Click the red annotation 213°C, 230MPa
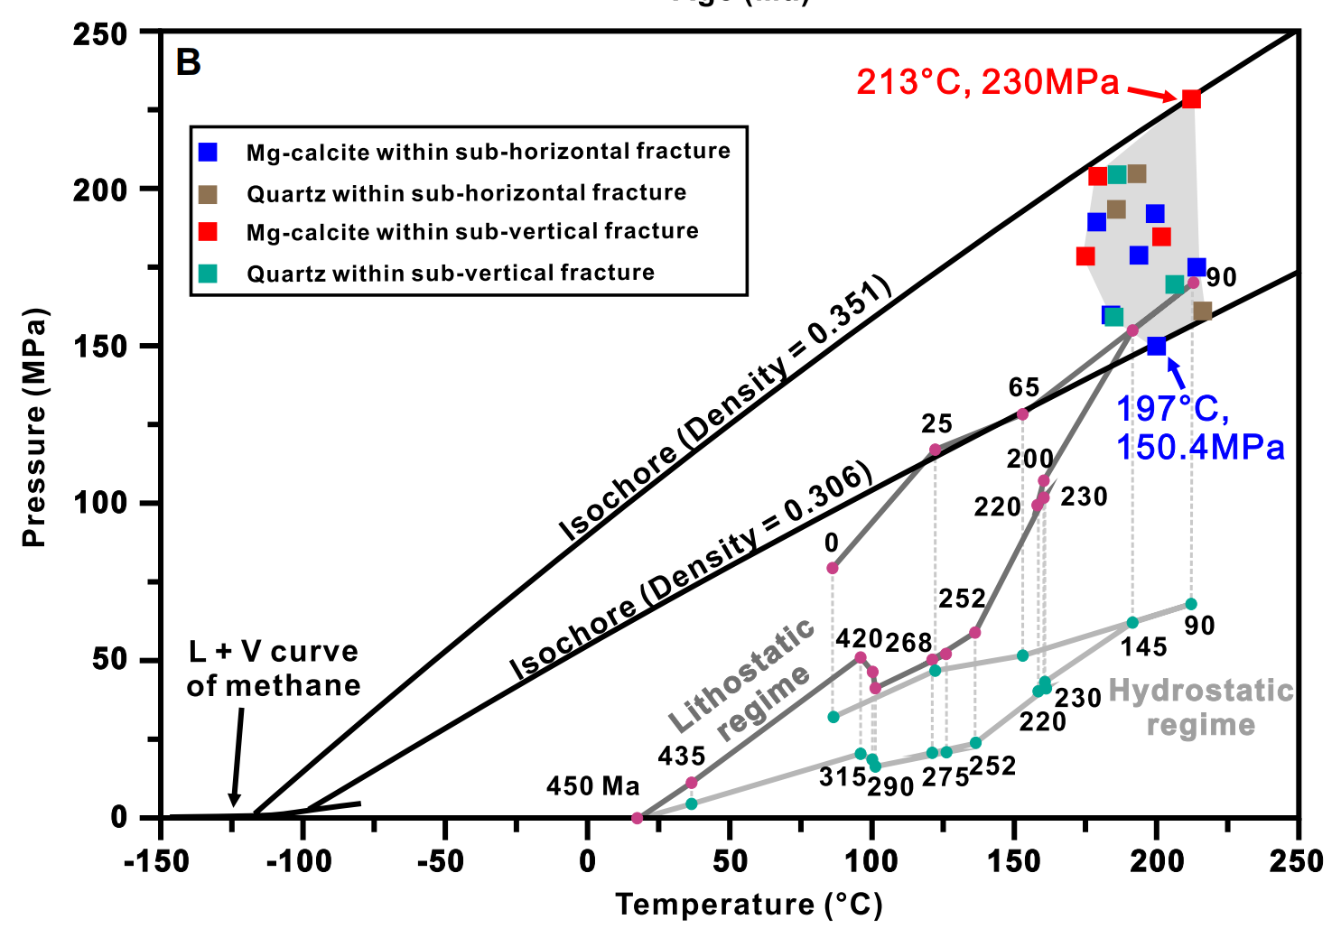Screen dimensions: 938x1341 (x=987, y=82)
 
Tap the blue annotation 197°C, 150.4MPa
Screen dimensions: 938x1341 (x=1199, y=428)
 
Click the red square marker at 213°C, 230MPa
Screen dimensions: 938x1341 (x=1191, y=98)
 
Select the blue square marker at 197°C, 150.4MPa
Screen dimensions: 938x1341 (x=1157, y=346)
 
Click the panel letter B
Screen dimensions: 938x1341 (x=188, y=62)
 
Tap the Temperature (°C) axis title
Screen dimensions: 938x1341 (x=749, y=904)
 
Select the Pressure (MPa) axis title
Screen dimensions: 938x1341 (x=34, y=428)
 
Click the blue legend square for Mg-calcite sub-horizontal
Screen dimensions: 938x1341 (x=209, y=152)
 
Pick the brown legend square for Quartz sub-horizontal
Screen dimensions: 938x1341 (x=209, y=194)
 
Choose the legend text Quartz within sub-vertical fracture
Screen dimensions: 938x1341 (x=451, y=273)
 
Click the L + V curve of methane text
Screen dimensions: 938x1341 (x=273, y=668)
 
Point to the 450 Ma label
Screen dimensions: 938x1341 (x=592, y=786)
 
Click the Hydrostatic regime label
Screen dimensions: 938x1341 (x=1201, y=708)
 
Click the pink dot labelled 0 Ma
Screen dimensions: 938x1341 (x=833, y=568)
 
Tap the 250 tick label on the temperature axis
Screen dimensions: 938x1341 (x=1296, y=861)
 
